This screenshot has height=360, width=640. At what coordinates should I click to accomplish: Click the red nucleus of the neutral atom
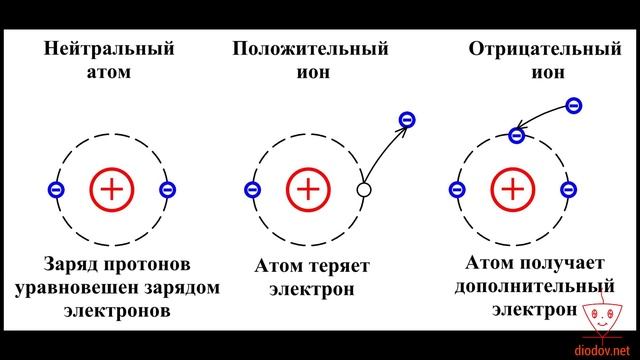(x=111, y=188)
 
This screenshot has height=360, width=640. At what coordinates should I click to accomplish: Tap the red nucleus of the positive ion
(x=309, y=188)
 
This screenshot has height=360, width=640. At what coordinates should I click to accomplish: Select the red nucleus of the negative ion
(x=512, y=188)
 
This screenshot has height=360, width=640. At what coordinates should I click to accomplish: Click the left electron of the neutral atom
(x=55, y=189)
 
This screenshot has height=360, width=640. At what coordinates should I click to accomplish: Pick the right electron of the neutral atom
(x=167, y=189)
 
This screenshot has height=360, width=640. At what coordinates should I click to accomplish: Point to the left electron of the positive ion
(x=253, y=189)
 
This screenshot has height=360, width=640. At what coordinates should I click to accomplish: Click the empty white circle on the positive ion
(x=365, y=189)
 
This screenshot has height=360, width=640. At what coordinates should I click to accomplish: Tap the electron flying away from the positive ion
(x=406, y=121)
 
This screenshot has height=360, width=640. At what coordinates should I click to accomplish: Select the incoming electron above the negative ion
(x=572, y=104)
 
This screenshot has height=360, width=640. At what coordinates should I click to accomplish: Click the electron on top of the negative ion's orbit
(x=517, y=134)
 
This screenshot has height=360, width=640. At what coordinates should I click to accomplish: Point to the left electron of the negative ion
(x=457, y=189)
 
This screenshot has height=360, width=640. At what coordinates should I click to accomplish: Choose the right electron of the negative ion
(x=568, y=189)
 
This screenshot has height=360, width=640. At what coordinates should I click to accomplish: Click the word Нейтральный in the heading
(x=111, y=49)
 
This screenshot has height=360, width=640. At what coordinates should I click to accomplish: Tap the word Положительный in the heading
(x=311, y=49)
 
